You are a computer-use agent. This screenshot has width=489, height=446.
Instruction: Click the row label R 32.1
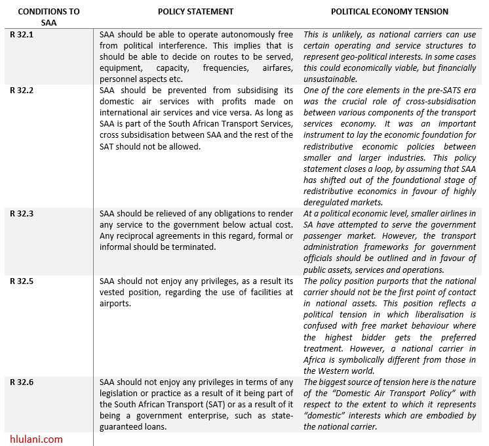point(22,34)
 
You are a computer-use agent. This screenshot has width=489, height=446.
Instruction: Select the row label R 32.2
point(22,90)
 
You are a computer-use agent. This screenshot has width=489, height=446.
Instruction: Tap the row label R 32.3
point(22,214)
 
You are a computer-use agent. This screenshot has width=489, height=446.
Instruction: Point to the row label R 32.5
point(22,281)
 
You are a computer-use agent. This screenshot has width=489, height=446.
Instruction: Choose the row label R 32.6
point(22,382)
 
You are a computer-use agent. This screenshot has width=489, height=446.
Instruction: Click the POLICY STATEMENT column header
point(195,12)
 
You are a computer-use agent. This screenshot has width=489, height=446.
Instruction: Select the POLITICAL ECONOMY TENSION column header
point(389,12)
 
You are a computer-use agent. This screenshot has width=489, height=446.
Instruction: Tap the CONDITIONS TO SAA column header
point(49,17)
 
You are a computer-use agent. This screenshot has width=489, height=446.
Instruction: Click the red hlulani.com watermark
point(37,439)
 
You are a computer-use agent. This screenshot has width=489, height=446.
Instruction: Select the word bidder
point(353,337)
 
